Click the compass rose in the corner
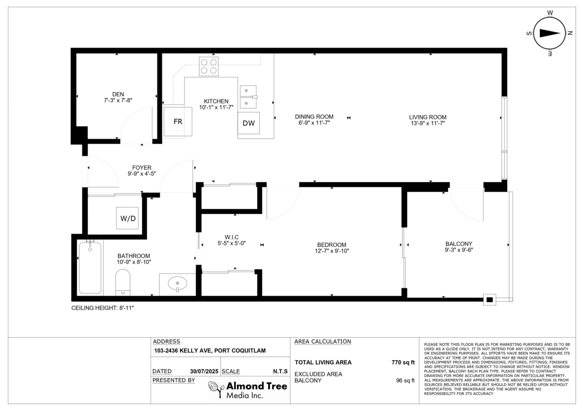pos(550,33)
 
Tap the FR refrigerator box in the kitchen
pos(178,121)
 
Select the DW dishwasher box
pos(248,123)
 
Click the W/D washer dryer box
pos(128,219)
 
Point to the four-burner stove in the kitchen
pos(208,66)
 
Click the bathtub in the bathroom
pos(90,268)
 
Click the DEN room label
pos(118,94)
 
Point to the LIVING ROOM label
pos(428,117)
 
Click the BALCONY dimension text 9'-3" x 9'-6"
pos(459,251)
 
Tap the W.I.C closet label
pos(231,237)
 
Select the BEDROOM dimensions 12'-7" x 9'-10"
pos(332,251)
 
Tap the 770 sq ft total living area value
pos(403,362)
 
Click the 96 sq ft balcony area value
pos(405,381)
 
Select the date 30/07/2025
pos(204,372)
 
